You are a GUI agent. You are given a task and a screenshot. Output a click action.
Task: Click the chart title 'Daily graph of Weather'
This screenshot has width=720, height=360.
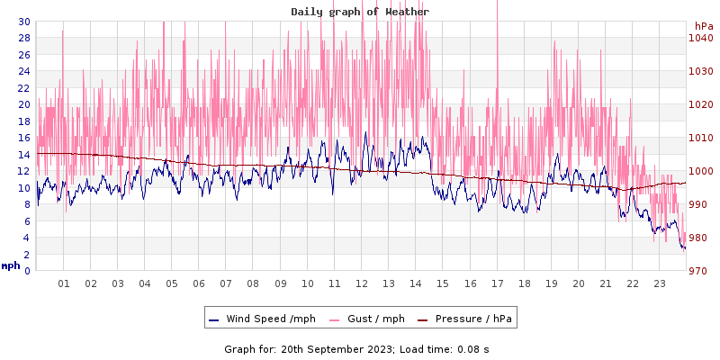point(360,12)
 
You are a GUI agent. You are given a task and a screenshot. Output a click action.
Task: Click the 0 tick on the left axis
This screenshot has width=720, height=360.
point(26,271)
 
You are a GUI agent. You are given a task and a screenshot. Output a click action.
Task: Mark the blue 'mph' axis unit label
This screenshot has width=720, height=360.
point(10,265)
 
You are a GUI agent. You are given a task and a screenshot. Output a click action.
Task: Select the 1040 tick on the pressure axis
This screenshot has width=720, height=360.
point(700,38)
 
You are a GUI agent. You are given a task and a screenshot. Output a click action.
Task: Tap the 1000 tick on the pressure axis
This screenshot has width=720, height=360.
point(700,171)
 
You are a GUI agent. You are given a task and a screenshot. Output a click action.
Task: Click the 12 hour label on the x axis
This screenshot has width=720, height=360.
point(362,283)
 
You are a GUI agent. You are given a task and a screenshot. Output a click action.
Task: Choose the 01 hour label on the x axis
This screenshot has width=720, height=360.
point(64,283)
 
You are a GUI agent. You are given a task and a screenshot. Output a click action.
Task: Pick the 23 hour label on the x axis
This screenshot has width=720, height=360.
point(660,283)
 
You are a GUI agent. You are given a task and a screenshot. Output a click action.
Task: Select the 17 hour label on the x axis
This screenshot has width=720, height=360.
point(497,283)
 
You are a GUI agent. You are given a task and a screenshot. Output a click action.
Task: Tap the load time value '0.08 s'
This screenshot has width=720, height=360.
point(473,348)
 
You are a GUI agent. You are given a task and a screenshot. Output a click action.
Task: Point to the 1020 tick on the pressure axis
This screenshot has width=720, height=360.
point(700,104)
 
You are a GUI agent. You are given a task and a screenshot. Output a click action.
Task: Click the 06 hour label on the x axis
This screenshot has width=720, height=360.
point(199,283)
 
